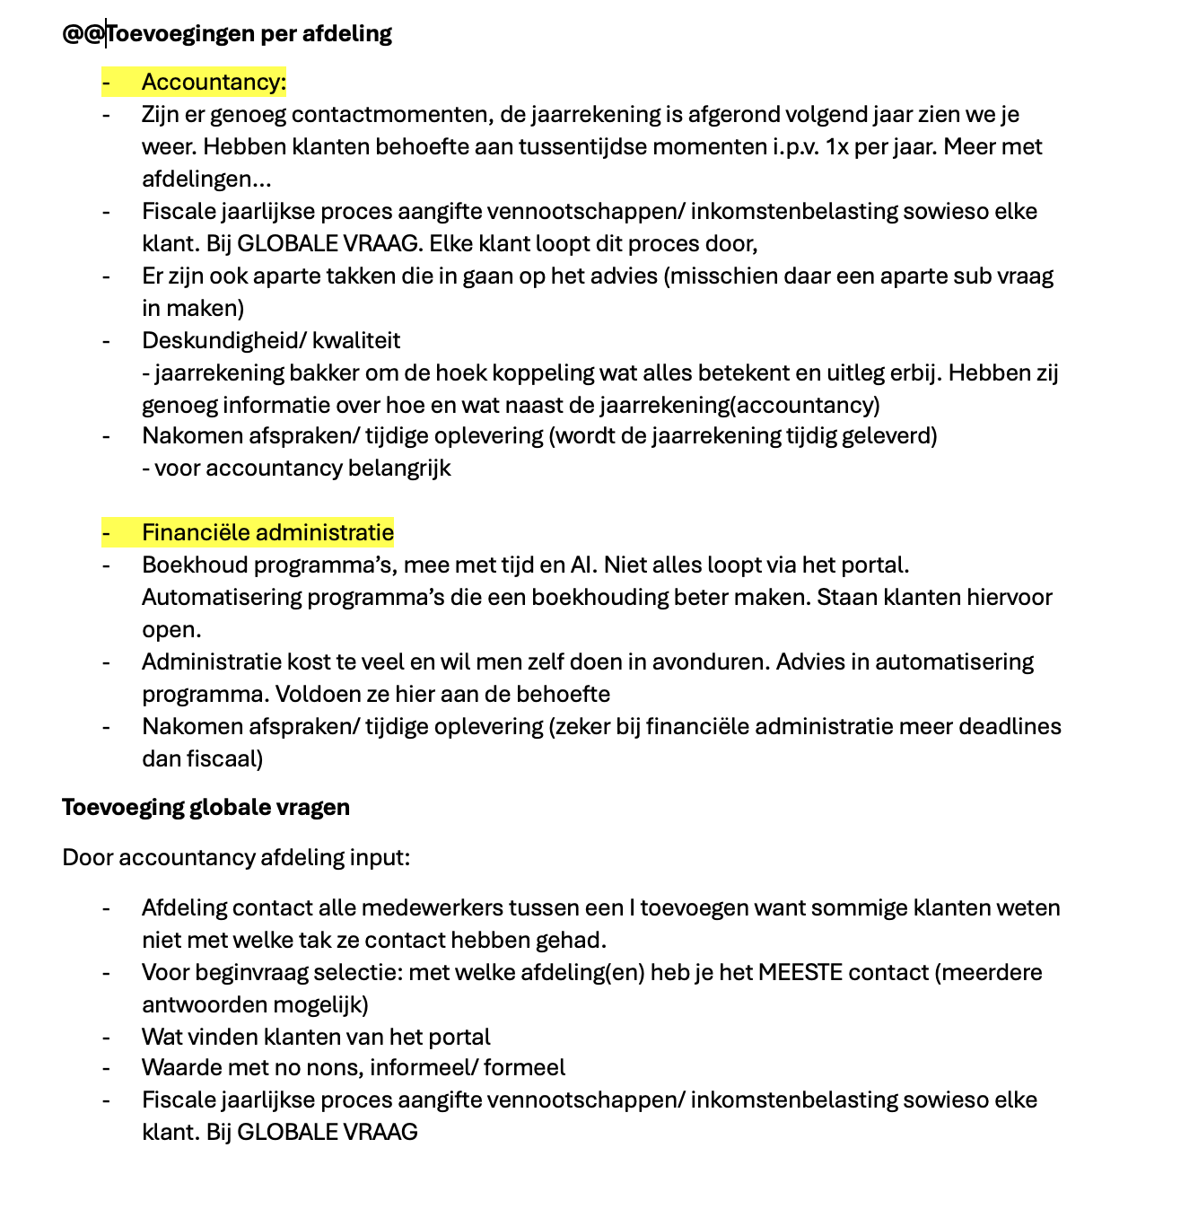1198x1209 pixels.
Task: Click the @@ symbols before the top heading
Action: (83, 34)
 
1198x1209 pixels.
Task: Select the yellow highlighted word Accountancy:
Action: (214, 83)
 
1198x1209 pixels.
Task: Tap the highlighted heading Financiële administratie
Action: (267, 533)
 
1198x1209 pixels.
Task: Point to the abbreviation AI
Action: (582, 565)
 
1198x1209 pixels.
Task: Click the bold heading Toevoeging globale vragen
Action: (205, 808)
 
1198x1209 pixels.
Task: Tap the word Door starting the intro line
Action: (87, 858)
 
